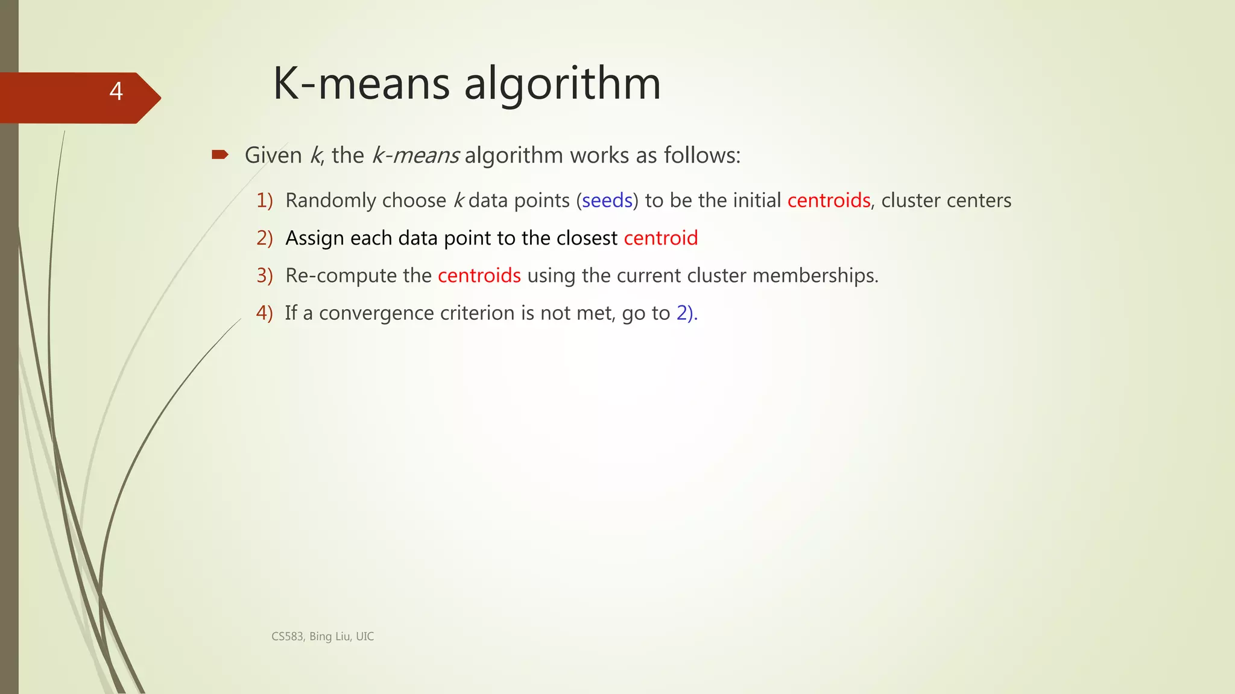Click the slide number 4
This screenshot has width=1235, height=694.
116,92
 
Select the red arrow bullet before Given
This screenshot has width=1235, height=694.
220,155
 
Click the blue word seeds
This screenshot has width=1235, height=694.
607,200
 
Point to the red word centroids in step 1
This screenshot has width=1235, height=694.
829,200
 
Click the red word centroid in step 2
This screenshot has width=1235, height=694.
660,238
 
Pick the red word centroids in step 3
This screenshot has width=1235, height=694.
479,275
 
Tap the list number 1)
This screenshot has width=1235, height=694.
264,200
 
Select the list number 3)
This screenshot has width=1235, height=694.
264,275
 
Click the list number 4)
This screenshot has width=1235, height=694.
264,313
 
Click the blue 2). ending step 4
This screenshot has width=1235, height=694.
686,313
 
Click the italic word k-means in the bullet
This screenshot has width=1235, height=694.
415,155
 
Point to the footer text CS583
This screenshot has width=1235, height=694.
287,637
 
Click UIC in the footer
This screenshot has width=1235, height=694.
365,637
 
